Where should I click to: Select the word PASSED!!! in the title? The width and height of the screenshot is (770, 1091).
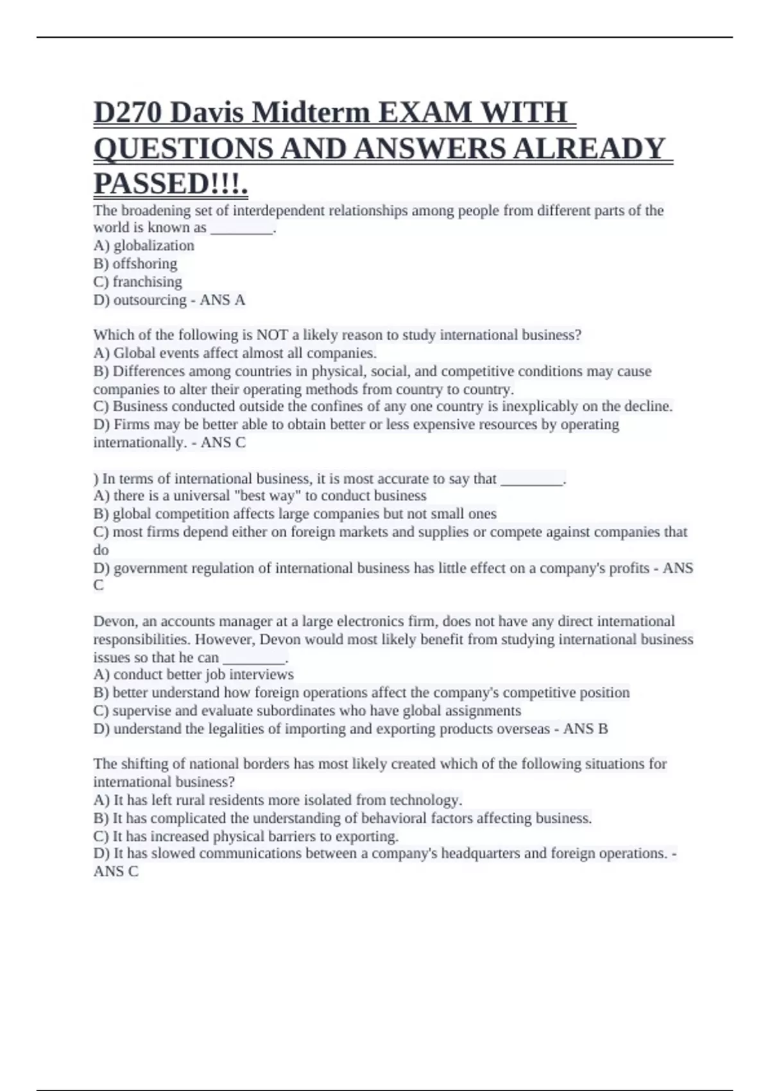pos(169,185)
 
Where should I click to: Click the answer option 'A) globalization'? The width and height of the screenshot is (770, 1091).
pos(144,246)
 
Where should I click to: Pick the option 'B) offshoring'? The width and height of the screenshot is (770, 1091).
pos(135,264)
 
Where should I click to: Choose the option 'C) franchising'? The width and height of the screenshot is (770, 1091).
pos(138,282)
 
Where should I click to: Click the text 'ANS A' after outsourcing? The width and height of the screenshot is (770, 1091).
pos(222,300)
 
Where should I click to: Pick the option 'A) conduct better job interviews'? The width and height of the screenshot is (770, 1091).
pos(194,674)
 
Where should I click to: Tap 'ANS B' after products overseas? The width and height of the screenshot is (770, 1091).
pos(585,729)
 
